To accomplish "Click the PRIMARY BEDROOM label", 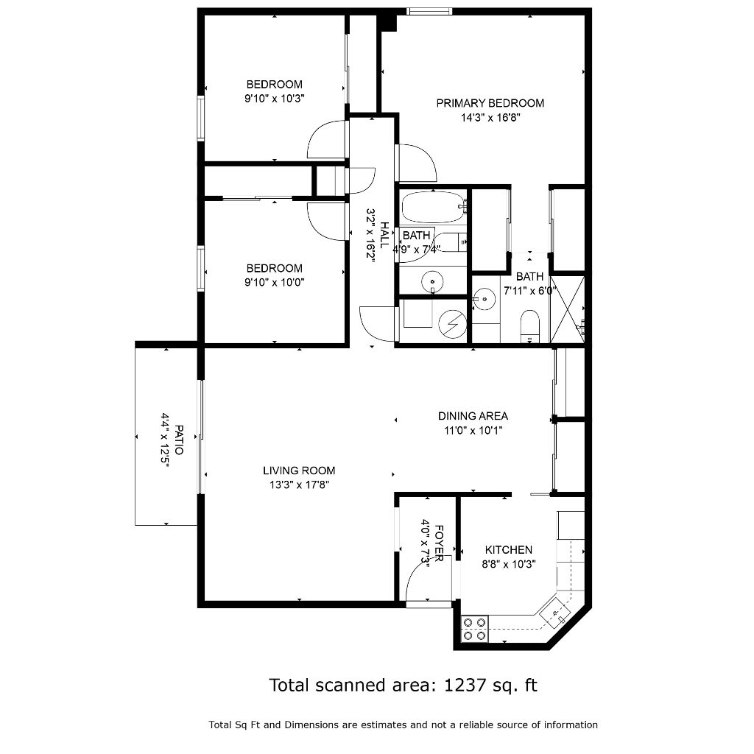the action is [x=490, y=103].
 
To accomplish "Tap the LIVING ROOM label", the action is [x=299, y=471].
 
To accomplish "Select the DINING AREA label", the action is [x=473, y=416].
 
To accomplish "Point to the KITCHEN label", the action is [x=508, y=549].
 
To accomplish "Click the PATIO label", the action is [x=179, y=440].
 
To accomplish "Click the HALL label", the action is [x=384, y=235].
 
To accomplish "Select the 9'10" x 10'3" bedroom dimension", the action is [x=275, y=99].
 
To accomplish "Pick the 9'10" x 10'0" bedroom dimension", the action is [x=275, y=282].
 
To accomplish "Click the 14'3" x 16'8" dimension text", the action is [x=490, y=118].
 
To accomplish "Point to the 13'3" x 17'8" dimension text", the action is [x=299, y=485].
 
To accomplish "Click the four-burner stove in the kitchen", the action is [x=475, y=629].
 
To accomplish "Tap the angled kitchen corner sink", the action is [x=555, y=613].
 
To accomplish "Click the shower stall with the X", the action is [x=568, y=309].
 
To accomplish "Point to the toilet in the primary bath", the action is [x=530, y=326].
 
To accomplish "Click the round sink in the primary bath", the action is [x=485, y=299].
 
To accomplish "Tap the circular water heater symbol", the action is [x=453, y=324].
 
